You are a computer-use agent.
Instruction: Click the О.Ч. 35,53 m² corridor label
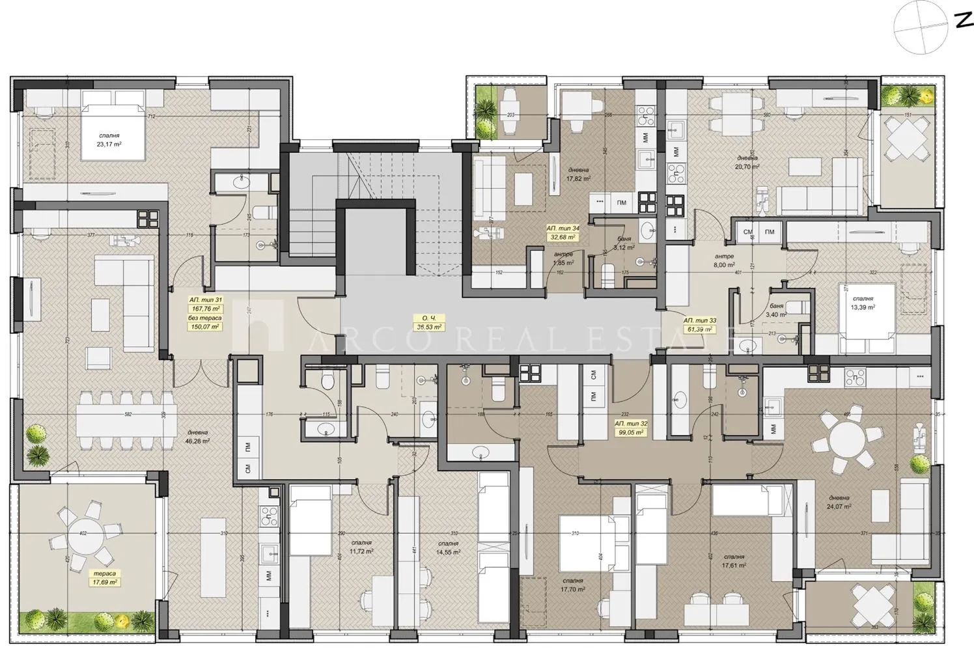(x=428, y=322)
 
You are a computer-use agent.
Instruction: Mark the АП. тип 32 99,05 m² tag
(x=629, y=427)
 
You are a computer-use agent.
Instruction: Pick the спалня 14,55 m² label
(x=448, y=547)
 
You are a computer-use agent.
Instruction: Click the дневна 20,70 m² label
(x=747, y=162)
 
